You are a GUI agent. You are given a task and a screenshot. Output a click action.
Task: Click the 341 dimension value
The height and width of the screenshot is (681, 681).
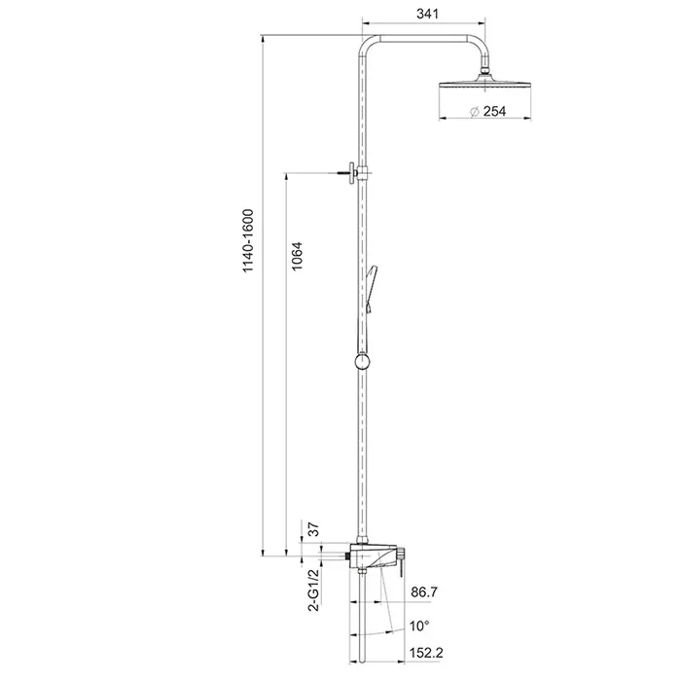click(x=427, y=14)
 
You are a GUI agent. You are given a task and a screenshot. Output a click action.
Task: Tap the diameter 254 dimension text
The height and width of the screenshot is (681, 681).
click(x=487, y=112)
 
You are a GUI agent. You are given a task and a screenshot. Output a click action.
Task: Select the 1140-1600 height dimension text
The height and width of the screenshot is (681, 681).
click(x=247, y=241)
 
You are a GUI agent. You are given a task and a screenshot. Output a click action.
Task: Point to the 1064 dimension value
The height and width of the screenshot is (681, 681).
click(x=297, y=257)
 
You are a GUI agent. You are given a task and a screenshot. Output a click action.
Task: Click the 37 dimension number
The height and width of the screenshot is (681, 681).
click(x=313, y=529)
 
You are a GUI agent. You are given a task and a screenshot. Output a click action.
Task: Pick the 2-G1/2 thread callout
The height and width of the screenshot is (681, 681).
click(x=313, y=590)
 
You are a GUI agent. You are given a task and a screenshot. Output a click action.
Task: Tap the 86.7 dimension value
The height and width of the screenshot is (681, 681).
click(x=424, y=591)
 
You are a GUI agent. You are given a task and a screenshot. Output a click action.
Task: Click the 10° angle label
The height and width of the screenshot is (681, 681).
click(x=419, y=626)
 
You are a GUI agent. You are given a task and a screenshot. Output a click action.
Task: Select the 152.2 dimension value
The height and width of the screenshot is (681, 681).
click(x=426, y=653)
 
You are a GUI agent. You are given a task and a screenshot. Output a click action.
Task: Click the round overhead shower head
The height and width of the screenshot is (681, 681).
click(x=484, y=85)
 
